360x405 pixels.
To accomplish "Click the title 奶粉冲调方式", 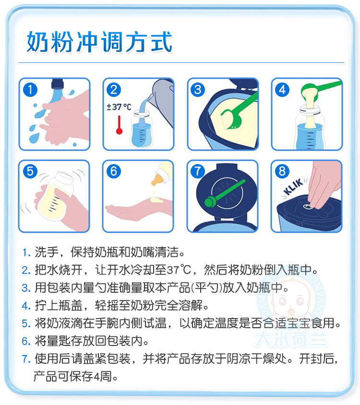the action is tap(99, 42).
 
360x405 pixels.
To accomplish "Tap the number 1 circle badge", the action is tap(30, 90).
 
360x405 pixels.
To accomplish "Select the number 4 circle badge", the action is tap(282, 90).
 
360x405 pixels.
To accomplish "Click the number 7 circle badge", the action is tap(198, 171).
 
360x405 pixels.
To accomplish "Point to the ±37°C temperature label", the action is tap(119, 107).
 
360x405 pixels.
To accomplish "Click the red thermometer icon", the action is tap(119, 125).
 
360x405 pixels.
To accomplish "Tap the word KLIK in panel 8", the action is tap(293, 187).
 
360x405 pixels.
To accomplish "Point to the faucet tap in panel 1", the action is tap(58, 84).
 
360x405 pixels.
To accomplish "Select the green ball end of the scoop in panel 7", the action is tap(210, 202).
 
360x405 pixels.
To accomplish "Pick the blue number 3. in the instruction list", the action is tap(26, 288).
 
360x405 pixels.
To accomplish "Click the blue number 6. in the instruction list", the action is tap(26, 341).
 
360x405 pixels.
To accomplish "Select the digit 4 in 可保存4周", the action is tap(96, 377).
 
